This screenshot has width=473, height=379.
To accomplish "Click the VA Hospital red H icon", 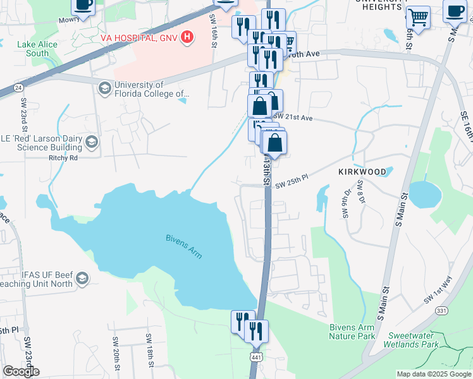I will [x=187, y=38].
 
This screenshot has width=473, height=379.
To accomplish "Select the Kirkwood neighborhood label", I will [x=362, y=171].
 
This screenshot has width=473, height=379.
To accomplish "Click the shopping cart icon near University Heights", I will [x=417, y=16].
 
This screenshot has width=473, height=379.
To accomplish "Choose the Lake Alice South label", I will [x=37, y=49].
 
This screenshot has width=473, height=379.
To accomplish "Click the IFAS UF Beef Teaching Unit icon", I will [x=82, y=279].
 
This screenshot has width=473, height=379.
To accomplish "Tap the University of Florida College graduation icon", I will [x=104, y=85].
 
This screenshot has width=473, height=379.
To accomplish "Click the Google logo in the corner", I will [x=21, y=371].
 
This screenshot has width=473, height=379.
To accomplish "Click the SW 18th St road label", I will [x=151, y=351].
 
